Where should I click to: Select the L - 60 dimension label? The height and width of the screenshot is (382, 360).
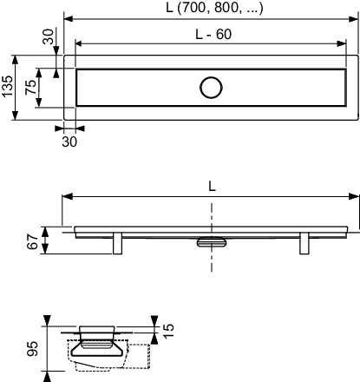[x=213, y=35]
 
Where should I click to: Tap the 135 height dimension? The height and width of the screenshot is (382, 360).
[x=7, y=87]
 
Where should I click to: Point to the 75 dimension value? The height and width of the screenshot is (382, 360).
[x=30, y=87]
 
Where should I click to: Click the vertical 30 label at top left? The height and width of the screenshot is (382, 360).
[x=49, y=36]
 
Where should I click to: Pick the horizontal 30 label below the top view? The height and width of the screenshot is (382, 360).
[x=69, y=142]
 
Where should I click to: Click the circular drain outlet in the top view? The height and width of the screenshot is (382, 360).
[x=211, y=88]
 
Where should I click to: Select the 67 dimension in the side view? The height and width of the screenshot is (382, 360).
[x=33, y=241]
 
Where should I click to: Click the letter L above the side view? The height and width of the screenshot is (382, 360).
[x=212, y=187]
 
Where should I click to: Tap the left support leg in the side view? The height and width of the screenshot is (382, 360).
[x=117, y=243]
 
